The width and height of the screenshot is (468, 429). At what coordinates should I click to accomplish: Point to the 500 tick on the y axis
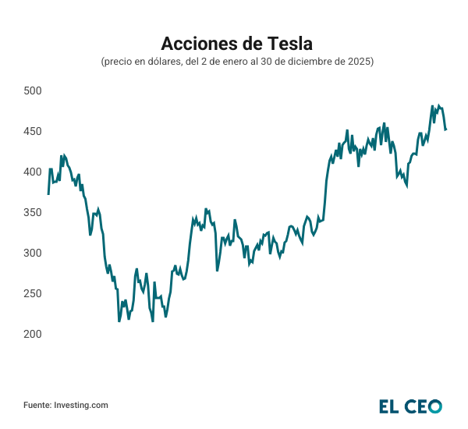[32, 91]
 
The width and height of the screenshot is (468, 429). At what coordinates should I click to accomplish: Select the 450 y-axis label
[32, 132]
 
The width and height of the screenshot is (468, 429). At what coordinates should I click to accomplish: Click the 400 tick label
[32, 172]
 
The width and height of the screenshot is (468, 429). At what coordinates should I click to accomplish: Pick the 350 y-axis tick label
[32, 213]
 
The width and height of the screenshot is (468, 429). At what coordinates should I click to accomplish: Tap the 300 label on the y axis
[32, 253]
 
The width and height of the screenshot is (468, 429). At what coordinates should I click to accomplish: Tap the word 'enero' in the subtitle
[228, 62]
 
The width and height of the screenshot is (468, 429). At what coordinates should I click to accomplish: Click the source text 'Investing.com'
[80, 405]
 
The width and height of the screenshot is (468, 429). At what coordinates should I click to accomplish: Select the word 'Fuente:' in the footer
[37, 405]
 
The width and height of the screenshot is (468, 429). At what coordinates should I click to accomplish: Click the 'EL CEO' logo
[410, 406]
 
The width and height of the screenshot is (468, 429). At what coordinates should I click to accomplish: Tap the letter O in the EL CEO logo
[434, 406]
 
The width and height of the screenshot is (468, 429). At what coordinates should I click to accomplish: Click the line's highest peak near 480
[433, 106]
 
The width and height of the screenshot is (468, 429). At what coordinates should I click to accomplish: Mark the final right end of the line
[445, 129]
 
